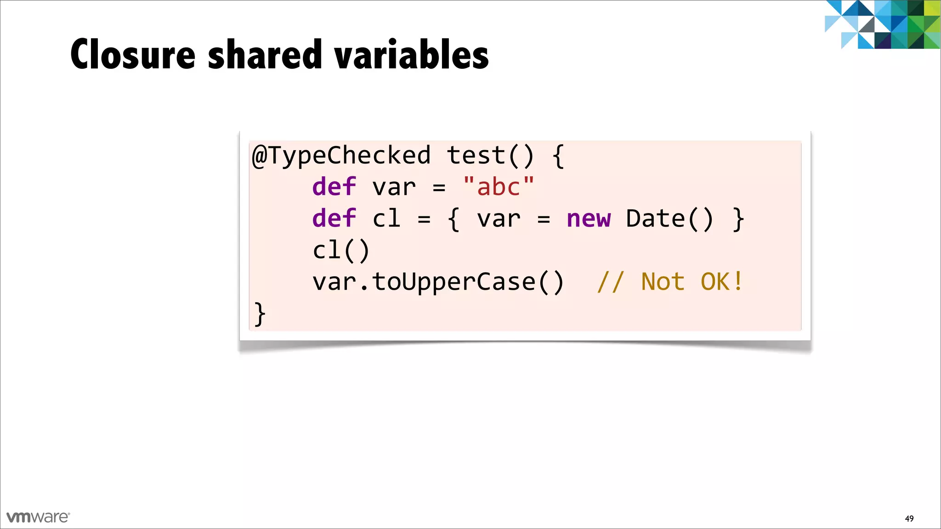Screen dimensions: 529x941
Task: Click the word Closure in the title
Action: [x=133, y=55]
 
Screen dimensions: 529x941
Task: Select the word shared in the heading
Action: [x=265, y=55]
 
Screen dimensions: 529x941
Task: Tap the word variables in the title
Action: [x=412, y=55]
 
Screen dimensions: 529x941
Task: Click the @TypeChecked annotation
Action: [x=341, y=156]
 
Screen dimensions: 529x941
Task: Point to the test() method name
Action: [x=490, y=156]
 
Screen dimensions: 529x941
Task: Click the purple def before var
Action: [x=334, y=187]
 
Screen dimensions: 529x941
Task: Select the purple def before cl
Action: [x=334, y=219]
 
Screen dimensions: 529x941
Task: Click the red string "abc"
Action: [x=499, y=187]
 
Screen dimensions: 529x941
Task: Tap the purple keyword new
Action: [x=589, y=219]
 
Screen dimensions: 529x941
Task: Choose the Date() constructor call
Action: [x=669, y=219]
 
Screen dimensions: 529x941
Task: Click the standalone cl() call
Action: [x=341, y=251]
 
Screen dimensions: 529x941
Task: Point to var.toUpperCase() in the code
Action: [x=438, y=282]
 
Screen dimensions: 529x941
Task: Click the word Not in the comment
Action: [x=663, y=282]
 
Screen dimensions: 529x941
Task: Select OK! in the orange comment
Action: [x=721, y=282]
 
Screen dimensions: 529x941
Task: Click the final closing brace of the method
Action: [x=260, y=314]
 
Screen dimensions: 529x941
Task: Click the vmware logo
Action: [x=38, y=517]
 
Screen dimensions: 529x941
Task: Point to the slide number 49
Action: [x=909, y=518]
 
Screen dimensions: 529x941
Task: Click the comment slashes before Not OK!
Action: [x=611, y=282]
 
